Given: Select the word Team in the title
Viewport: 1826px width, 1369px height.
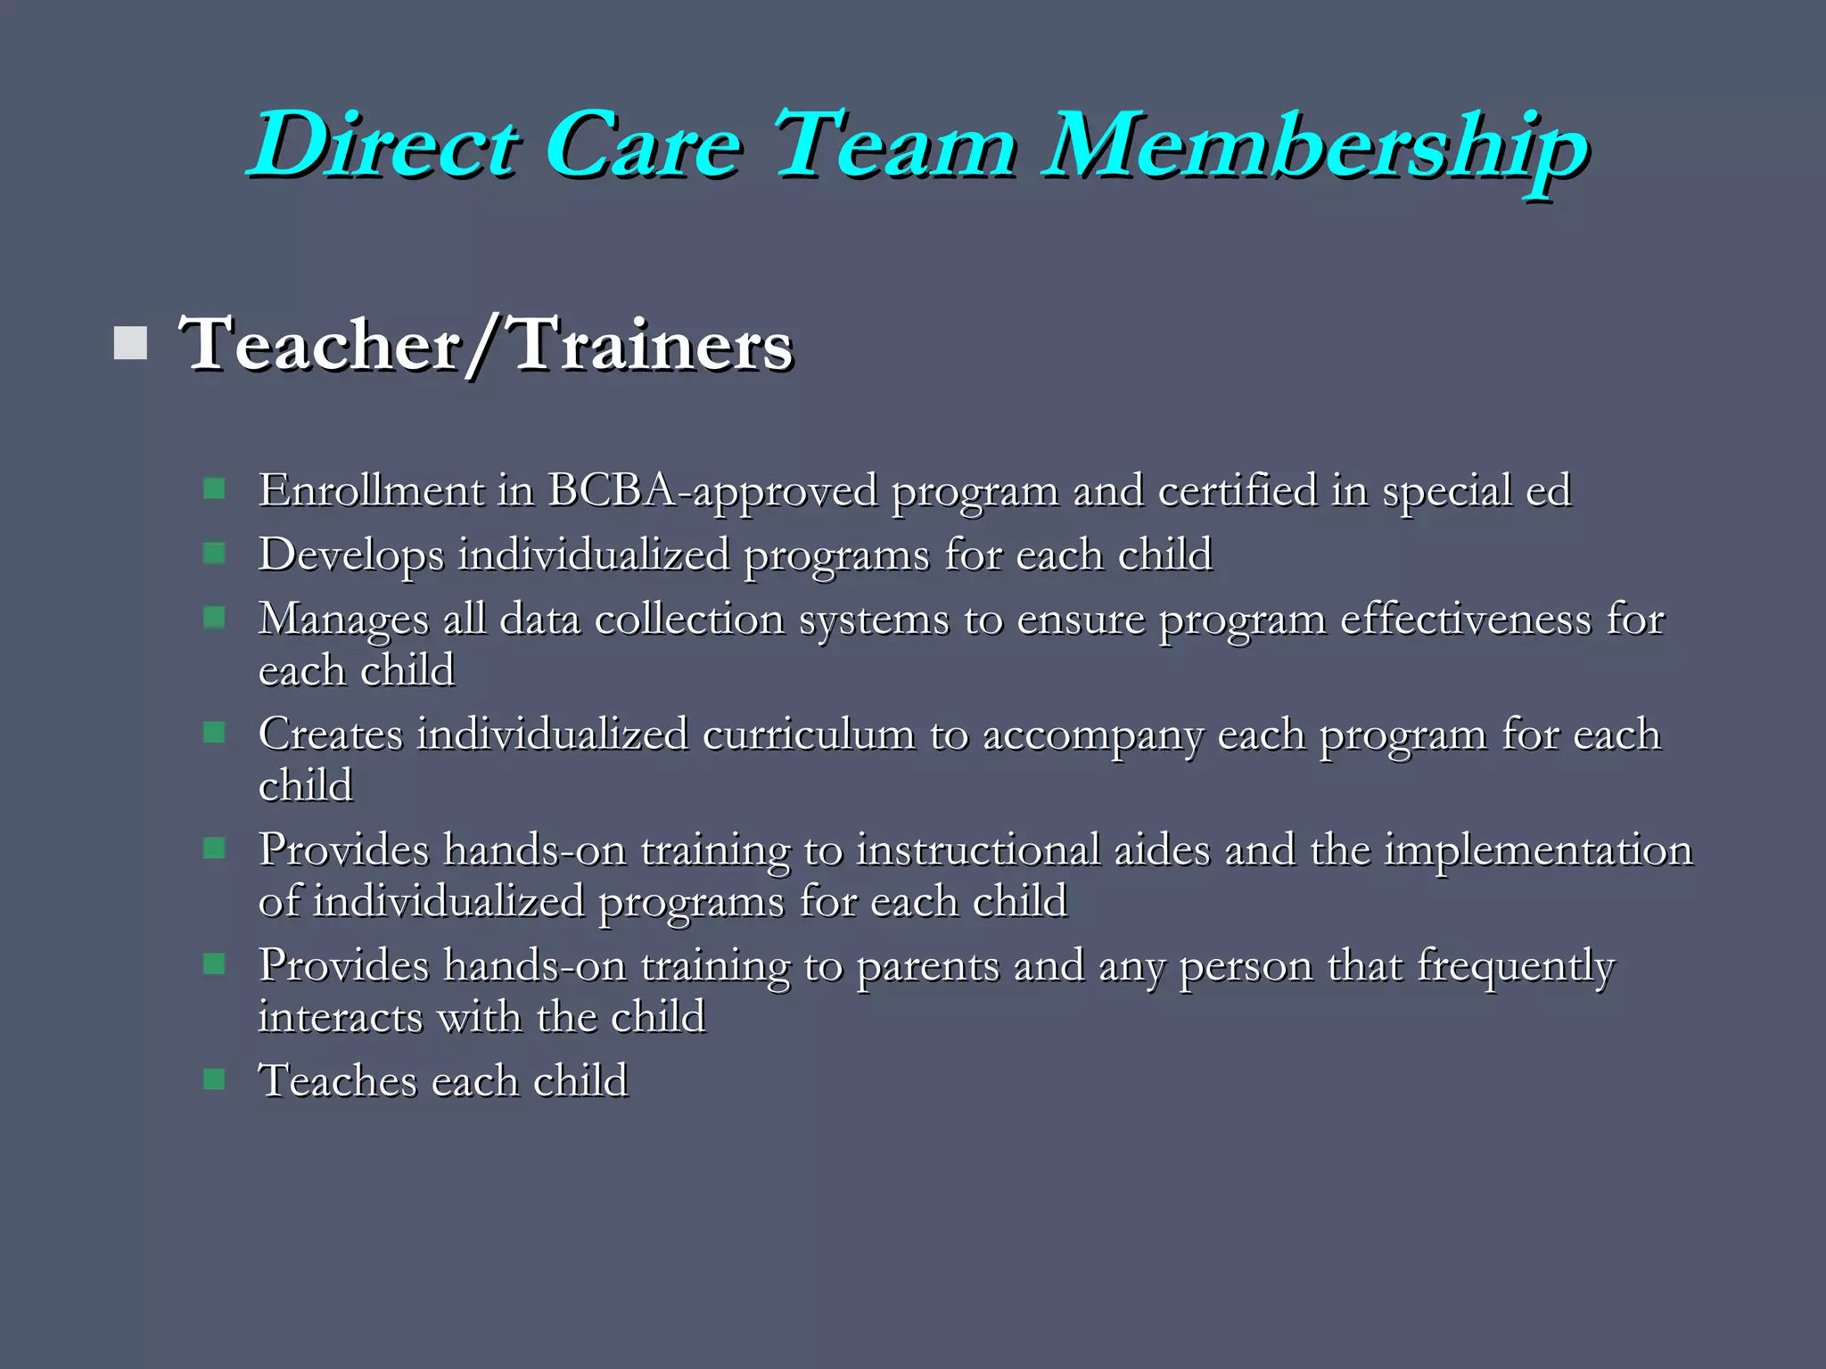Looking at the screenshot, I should [x=895, y=144].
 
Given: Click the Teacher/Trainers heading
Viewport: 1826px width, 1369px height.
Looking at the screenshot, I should [x=485, y=345].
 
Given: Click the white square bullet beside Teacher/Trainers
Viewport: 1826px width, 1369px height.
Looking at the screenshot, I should [x=131, y=343].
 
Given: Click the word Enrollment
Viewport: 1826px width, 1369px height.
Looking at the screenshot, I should [x=371, y=490].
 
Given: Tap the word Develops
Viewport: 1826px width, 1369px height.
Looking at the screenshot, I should [x=351, y=554].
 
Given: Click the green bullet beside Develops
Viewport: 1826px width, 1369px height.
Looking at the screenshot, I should [x=214, y=553].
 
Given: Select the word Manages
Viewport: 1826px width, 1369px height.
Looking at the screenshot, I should [x=343, y=619].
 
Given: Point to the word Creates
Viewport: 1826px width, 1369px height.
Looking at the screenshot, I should [x=331, y=734].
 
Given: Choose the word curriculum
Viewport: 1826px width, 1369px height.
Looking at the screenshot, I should [x=808, y=734].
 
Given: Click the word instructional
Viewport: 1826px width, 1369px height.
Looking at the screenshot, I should [x=978, y=849].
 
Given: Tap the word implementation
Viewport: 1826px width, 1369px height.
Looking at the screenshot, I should [x=1537, y=849].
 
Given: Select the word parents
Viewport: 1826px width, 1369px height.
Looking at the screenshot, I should [x=927, y=966].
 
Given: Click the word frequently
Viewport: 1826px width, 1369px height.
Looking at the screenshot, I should [x=1516, y=966].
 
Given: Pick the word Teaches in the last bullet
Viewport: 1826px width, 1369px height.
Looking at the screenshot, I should [x=338, y=1081].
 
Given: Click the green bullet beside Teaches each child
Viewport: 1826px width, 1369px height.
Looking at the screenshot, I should [x=214, y=1079].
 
